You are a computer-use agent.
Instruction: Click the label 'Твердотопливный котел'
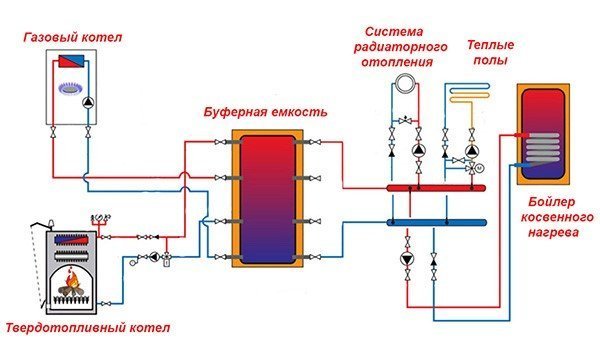pos(88,328)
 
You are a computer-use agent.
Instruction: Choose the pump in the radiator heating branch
pos(417,150)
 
